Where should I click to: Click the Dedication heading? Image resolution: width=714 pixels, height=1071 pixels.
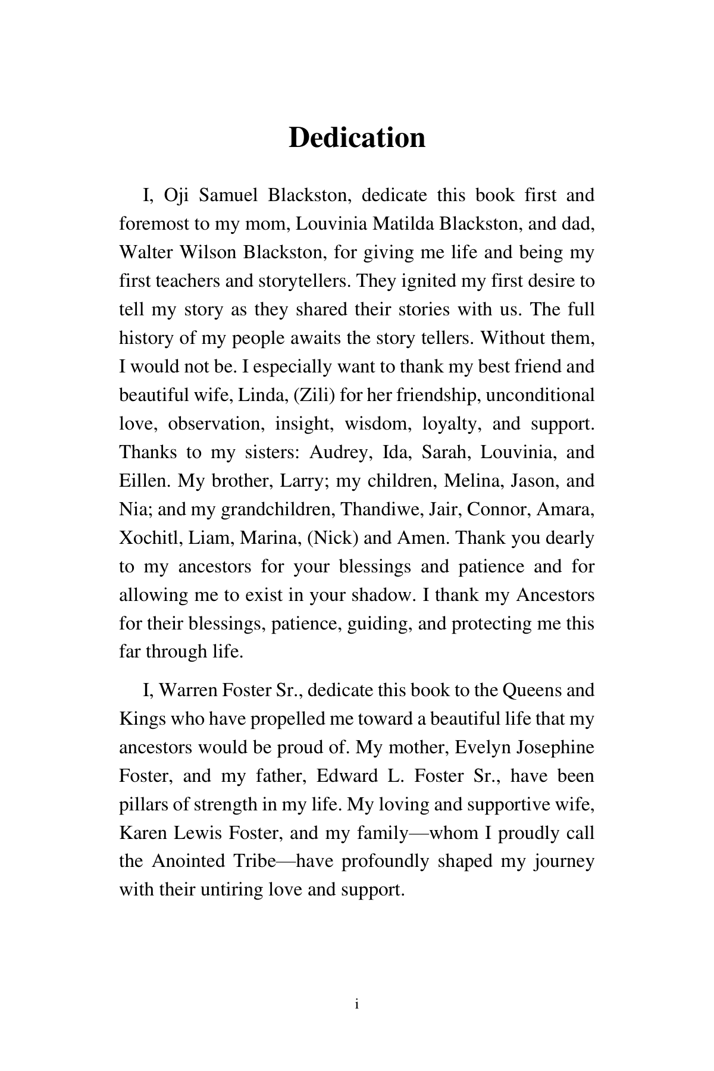coord(356,138)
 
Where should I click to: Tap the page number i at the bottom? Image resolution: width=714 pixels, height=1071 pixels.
coord(356,1005)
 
